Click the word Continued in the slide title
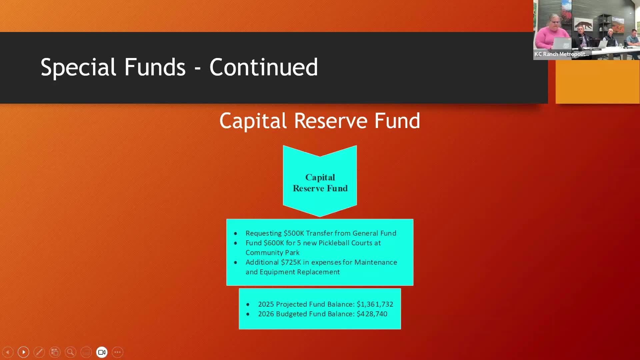pyautogui.click(x=263, y=67)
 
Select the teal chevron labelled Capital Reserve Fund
pyautogui.click(x=320, y=181)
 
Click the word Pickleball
pyautogui.click(x=334, y=243)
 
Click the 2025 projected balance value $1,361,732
pyautogui.click(x=375, y=304)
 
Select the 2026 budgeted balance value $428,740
pyautogui.click(x=372, y=314)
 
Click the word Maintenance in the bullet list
pyautogui.click(x=376, y=262)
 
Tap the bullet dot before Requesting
pyautogui.click(x=236, y=233)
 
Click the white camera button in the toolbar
pyautogui.click(x=102, y=352)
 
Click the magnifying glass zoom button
pyautogui.click(x=70, y=352)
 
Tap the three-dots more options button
pyautogui.click(x=117, y=352)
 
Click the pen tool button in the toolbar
pyautogui.click(x=39, y=352)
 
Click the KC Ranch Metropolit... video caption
pyautogui.click(x=562, y=54)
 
